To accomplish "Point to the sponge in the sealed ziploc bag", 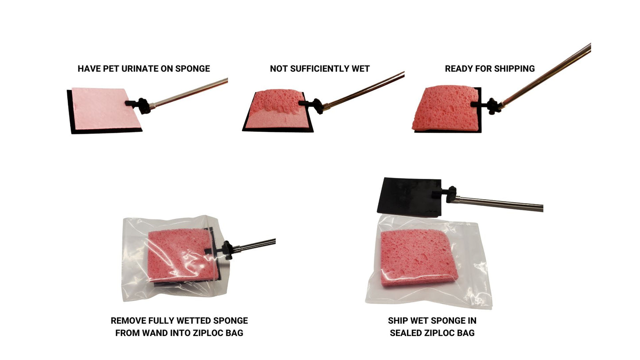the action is click(418, 258).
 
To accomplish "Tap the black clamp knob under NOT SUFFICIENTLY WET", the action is click(318, 106).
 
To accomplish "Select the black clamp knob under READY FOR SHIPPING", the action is click(493, 106).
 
